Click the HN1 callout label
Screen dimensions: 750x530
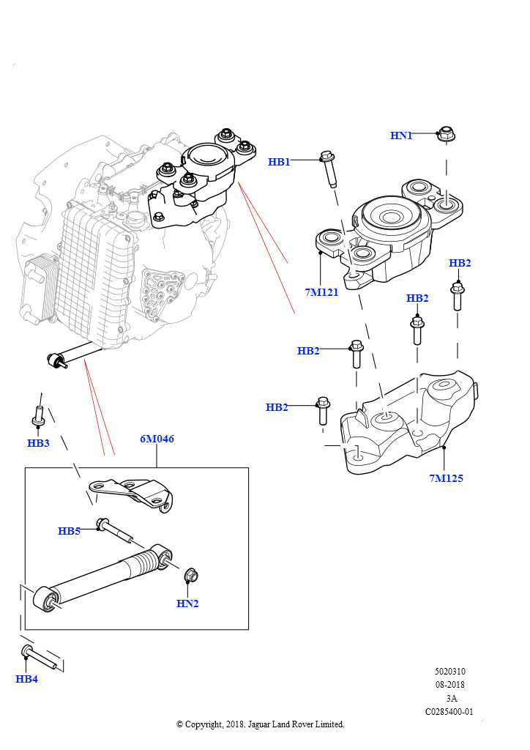(x=401, y=135)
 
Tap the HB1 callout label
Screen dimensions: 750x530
(x=279, y=162)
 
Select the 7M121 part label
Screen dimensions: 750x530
(x=322, y=293)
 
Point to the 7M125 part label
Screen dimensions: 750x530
(x=447, y=478)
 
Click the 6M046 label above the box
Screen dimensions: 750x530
(x=157, y=439)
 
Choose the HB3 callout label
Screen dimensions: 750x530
(x=38, y=443)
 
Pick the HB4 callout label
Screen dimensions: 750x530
(x=26, y=679)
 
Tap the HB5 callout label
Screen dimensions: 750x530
(x=69, y=531)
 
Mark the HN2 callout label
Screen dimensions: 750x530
(x=187, y=604)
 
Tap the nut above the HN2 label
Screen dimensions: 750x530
(x=191, y=576)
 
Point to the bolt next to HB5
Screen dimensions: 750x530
(x=114, y=530)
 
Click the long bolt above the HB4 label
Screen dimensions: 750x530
(x=42, y=657)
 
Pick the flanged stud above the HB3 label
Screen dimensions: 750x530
(x=40, y=416)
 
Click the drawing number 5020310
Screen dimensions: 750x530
(x=449, y=672)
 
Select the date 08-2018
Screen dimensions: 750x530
(x=449, y=685)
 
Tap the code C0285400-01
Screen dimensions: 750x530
(x=449, y=711)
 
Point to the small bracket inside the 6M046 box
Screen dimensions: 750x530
(x=132, y=492)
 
